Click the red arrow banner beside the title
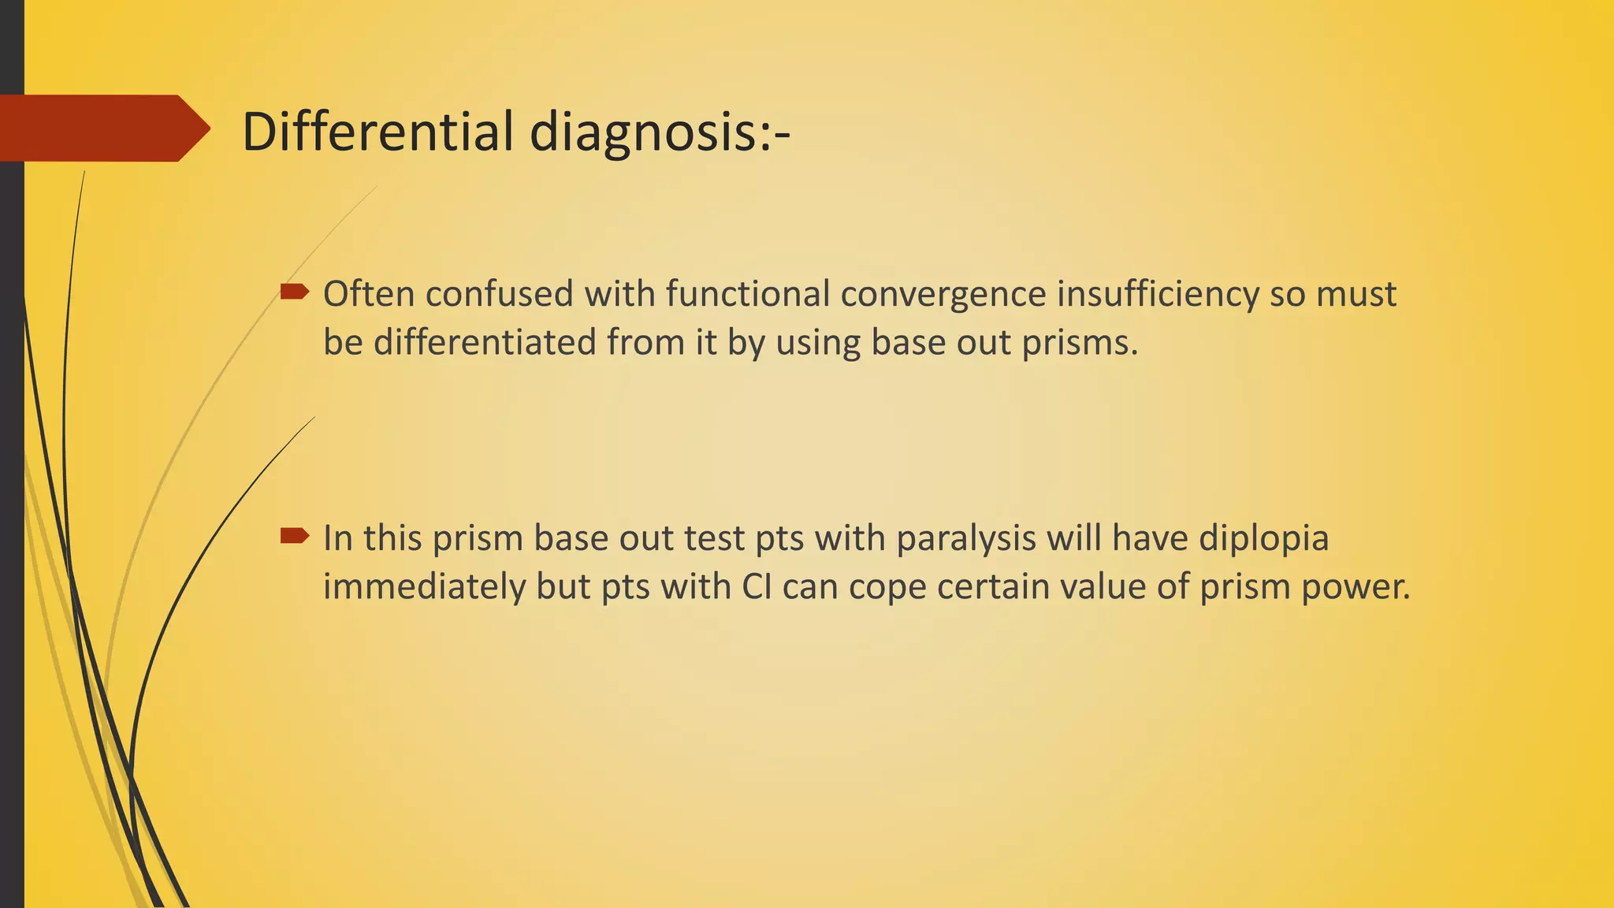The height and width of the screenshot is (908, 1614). pos(102,128)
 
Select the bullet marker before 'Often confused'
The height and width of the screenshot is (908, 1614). pos(295,292)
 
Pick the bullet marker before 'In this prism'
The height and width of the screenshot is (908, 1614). pos(295,537)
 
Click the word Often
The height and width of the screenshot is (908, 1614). pos(369,294)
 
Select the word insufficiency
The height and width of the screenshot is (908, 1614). pos(1157,294)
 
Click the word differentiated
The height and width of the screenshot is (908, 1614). pos(484,343)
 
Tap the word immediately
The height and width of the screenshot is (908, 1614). pos(424,588)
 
